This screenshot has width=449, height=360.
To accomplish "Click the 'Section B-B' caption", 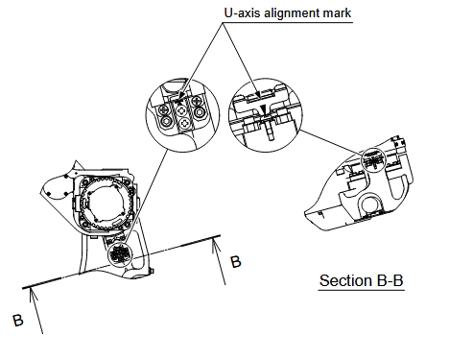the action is [361, 280].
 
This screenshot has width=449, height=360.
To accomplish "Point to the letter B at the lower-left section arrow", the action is [18, 321].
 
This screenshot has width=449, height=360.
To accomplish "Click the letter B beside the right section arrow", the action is [236, 262].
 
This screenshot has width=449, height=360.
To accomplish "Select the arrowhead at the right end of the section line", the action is [215, 244].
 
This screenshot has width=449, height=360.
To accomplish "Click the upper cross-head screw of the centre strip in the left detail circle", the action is [181, 111].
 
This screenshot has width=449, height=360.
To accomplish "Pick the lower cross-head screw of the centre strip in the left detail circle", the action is [184, 123].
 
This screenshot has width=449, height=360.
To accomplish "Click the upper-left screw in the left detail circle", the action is [165, 110].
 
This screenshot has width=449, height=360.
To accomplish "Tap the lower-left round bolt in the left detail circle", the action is [167, 121].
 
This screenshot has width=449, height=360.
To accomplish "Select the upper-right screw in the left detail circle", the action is [197, 102].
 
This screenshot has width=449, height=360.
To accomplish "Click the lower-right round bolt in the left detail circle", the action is [201, 112].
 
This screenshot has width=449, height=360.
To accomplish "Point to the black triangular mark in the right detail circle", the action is [263, 108].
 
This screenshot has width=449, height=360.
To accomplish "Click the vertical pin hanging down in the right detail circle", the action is [271, 131].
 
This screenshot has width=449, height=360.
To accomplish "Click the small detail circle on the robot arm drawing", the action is [120, 254].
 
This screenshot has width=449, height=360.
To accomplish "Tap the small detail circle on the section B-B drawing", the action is [374, 159].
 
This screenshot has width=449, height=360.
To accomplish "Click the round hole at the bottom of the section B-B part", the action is [369, 204].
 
